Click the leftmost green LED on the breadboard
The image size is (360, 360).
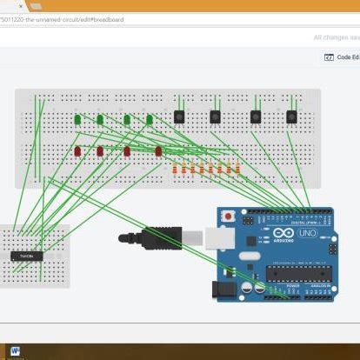77,118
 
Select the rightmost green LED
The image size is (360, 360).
150,119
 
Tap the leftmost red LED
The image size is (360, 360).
77,151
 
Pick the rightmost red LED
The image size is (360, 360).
158,151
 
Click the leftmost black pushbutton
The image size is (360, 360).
179,116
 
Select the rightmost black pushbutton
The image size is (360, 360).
291,116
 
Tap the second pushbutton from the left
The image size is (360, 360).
215,116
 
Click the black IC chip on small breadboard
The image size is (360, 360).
27,256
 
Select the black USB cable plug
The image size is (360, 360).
162,237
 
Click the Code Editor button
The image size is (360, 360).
340,57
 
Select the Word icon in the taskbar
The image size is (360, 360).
15,351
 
